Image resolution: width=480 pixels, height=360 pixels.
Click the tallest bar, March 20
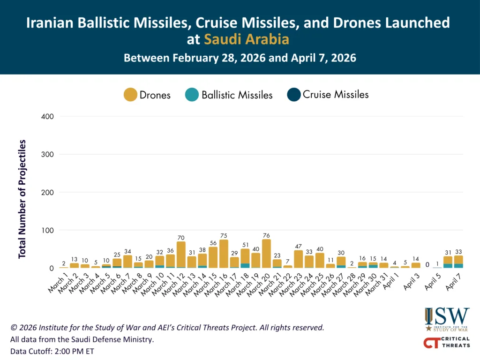[x=266, y=254]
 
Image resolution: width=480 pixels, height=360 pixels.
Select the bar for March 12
[x=181, y=255]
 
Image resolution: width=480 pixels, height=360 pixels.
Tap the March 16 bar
[x=224, y=254]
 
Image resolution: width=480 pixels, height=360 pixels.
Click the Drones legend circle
[x=130, y=95]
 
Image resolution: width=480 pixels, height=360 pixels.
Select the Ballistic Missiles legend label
[x=237, y=95]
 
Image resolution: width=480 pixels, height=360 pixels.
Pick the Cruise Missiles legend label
[x=336, y=94]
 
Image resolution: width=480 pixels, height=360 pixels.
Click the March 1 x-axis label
[x=58, y=283]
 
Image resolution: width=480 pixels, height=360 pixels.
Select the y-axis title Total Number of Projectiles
[x=22, y=199]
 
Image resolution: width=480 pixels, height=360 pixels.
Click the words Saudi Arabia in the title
[x=246, y=39]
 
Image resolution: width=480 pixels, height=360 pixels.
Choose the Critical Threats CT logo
[x=447, y=343]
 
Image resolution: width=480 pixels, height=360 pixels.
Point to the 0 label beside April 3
[x=427, y=265]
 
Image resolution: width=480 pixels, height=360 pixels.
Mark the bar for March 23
[x=298, y=259]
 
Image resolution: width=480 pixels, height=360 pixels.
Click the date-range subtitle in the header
[x=240, y=59]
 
